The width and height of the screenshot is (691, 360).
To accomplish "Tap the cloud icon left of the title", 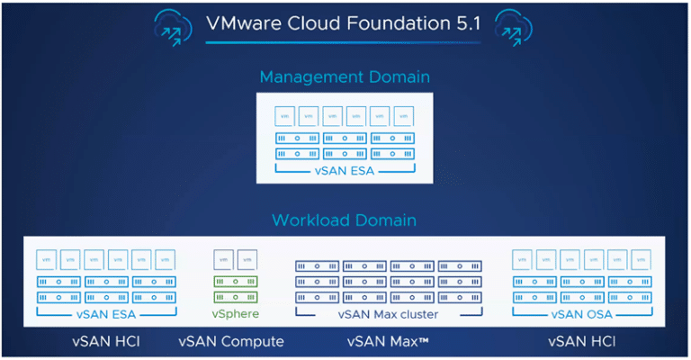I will [x=174, y=26].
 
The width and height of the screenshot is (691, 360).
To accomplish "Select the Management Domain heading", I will [x=345, y=76].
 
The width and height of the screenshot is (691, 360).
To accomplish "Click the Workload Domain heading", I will [x=345, y=220].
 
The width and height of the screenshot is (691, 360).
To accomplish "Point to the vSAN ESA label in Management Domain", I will [x=345, y=170].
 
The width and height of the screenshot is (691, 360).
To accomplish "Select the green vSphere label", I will [x=235, y=314].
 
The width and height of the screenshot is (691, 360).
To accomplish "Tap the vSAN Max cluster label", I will [x=388, y=314].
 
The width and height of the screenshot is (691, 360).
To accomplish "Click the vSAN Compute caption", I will [x=231, y=342].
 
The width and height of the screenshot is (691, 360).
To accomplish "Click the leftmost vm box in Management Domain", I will [x=285, y=116].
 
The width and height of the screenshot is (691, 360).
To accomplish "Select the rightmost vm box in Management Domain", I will [x=403, y=116].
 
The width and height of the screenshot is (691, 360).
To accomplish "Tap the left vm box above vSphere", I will [x=222, y=259].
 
